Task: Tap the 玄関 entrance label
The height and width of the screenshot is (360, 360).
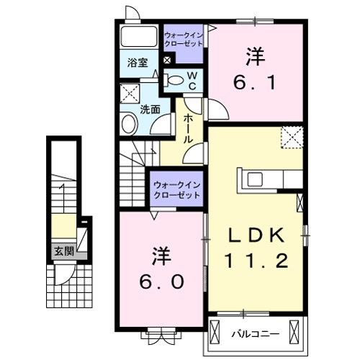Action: [x=63, y=251]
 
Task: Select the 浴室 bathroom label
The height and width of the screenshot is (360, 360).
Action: [x=138, y=62]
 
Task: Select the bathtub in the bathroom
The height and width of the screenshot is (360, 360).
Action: [x=138, y=37]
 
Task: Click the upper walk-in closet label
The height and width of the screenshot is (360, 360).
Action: [x=183, y=38]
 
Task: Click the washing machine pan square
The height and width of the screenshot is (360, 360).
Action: [x=131, y=94]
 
